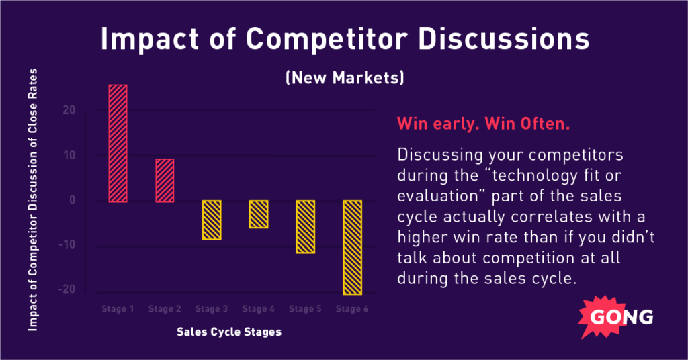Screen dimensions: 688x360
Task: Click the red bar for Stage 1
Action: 118,143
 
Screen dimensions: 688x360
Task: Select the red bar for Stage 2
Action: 165,181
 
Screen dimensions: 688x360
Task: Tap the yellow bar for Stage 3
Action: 212,220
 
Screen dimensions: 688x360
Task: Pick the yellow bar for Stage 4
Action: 259,214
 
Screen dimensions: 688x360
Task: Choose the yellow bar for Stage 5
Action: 306,227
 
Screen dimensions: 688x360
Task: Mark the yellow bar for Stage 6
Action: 352,247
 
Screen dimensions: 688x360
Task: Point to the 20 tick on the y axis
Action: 69,110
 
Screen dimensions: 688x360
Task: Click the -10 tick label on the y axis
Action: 67,244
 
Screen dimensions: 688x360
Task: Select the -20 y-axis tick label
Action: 67,289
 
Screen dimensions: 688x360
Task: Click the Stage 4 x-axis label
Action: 259,309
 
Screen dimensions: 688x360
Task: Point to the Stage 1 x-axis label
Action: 118,309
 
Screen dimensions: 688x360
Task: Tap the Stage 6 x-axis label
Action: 352,309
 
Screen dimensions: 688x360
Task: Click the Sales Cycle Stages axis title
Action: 229,332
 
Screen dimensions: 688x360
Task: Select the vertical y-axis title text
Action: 33,199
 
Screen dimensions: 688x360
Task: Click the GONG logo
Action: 616,317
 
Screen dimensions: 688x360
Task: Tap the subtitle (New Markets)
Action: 345,78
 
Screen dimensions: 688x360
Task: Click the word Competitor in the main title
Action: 327,39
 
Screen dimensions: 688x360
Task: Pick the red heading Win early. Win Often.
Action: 484,124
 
